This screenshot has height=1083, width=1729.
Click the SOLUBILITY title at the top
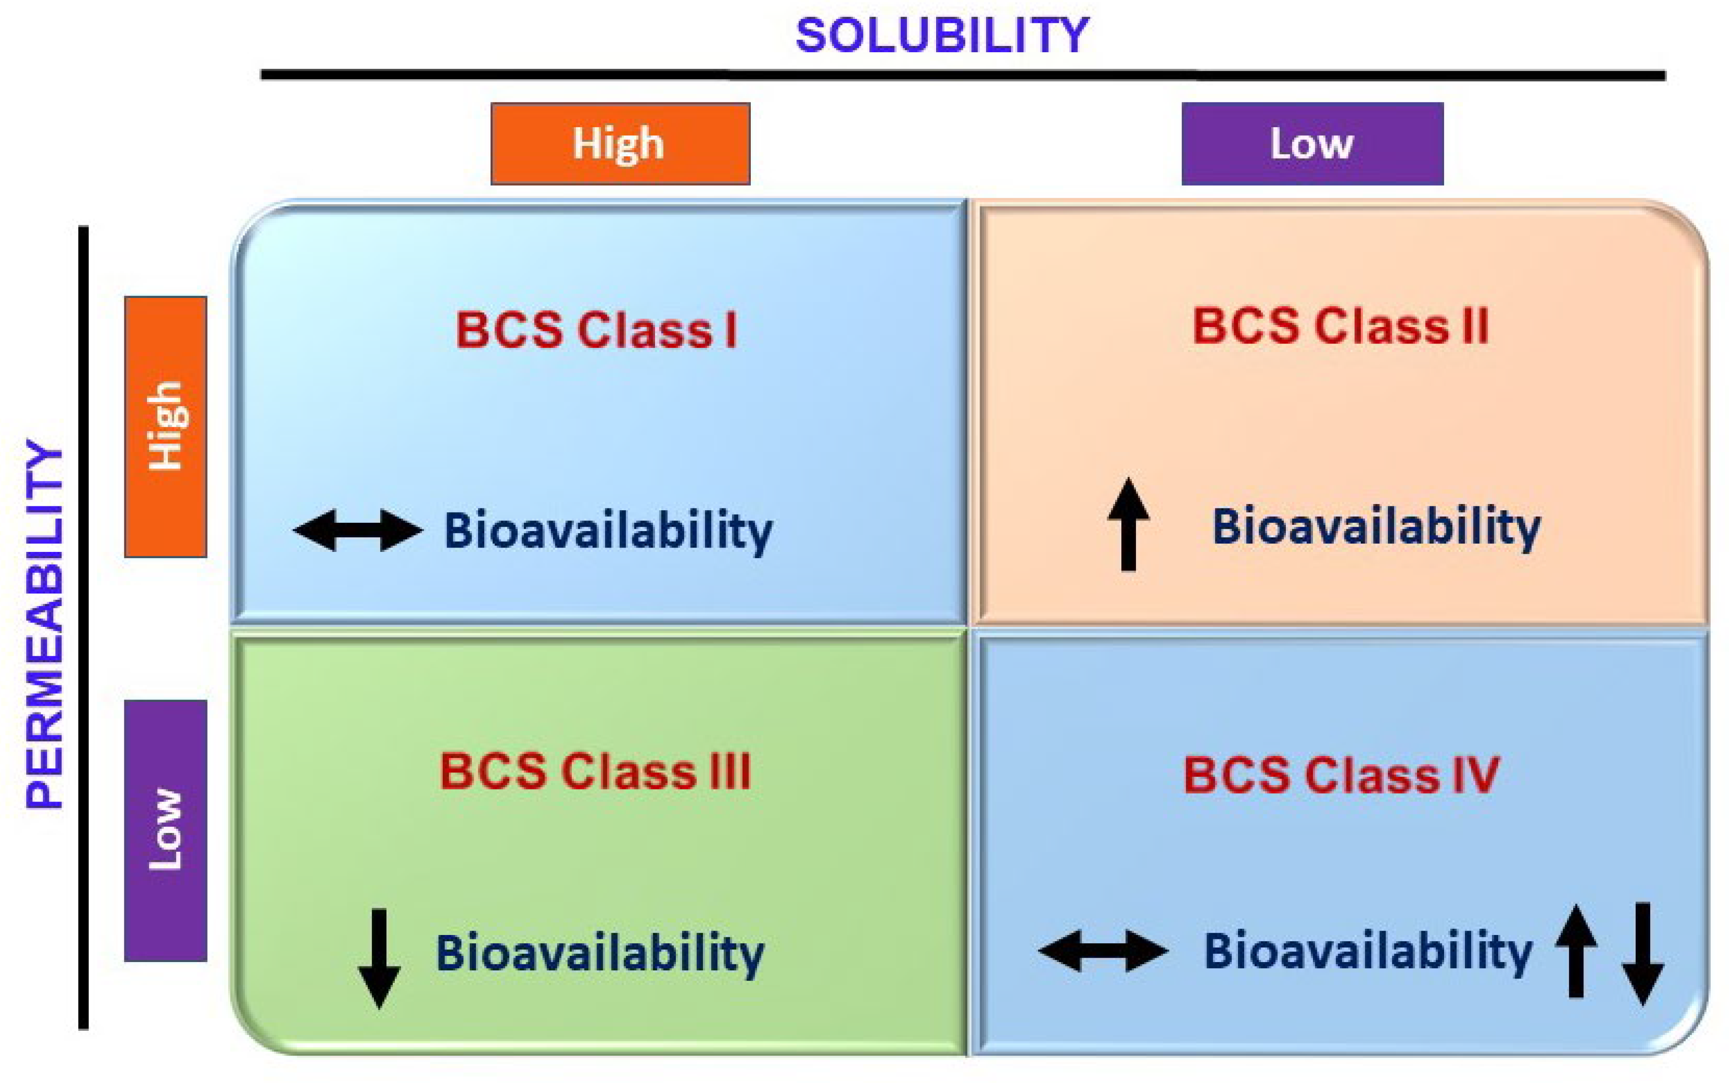click(942, 35)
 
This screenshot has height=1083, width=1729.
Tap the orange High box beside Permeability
click(165, 427)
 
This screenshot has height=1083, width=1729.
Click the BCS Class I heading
click(596, 331)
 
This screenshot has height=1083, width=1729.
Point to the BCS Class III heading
click(595, 772)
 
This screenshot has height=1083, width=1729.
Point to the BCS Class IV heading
click(1341, 776)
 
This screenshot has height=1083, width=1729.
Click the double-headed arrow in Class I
click(358, 531)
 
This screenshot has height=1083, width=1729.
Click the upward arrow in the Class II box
click(1129, 524)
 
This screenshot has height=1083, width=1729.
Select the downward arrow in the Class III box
click(379, 958)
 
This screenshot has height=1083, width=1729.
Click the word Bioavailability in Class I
click(609, 532)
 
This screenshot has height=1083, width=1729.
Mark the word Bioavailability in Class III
click(600, 954)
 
